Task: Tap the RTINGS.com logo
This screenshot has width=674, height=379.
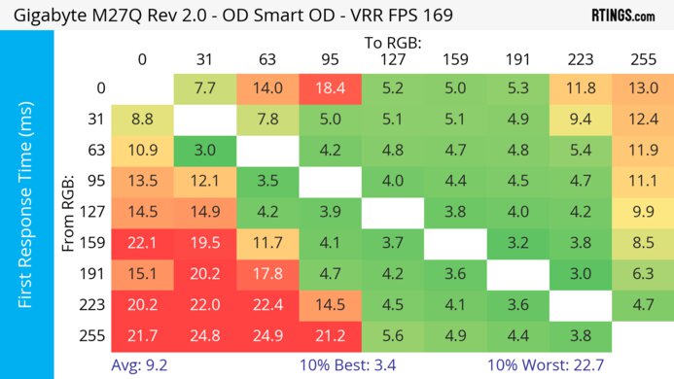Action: (x=622, y=17)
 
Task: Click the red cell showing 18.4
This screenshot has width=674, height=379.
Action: (x=329, y=88)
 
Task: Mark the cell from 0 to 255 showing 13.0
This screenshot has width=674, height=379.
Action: (x=641, y=88)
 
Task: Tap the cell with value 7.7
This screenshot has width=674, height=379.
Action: (x=204, y=88)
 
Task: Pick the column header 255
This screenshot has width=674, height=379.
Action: (x=641, y=61)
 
